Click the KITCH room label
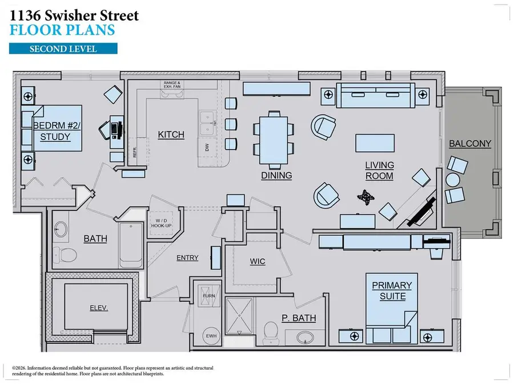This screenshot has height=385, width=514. (171, 135)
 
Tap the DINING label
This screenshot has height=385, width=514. (276, 175)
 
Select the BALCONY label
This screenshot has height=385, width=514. (469, 144)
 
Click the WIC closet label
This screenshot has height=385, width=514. (258, 261)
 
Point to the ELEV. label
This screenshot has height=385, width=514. (98, 307)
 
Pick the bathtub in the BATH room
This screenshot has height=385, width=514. (131, 245)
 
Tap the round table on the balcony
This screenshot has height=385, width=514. (452, 181)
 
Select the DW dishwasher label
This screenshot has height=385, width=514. (206, 147)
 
